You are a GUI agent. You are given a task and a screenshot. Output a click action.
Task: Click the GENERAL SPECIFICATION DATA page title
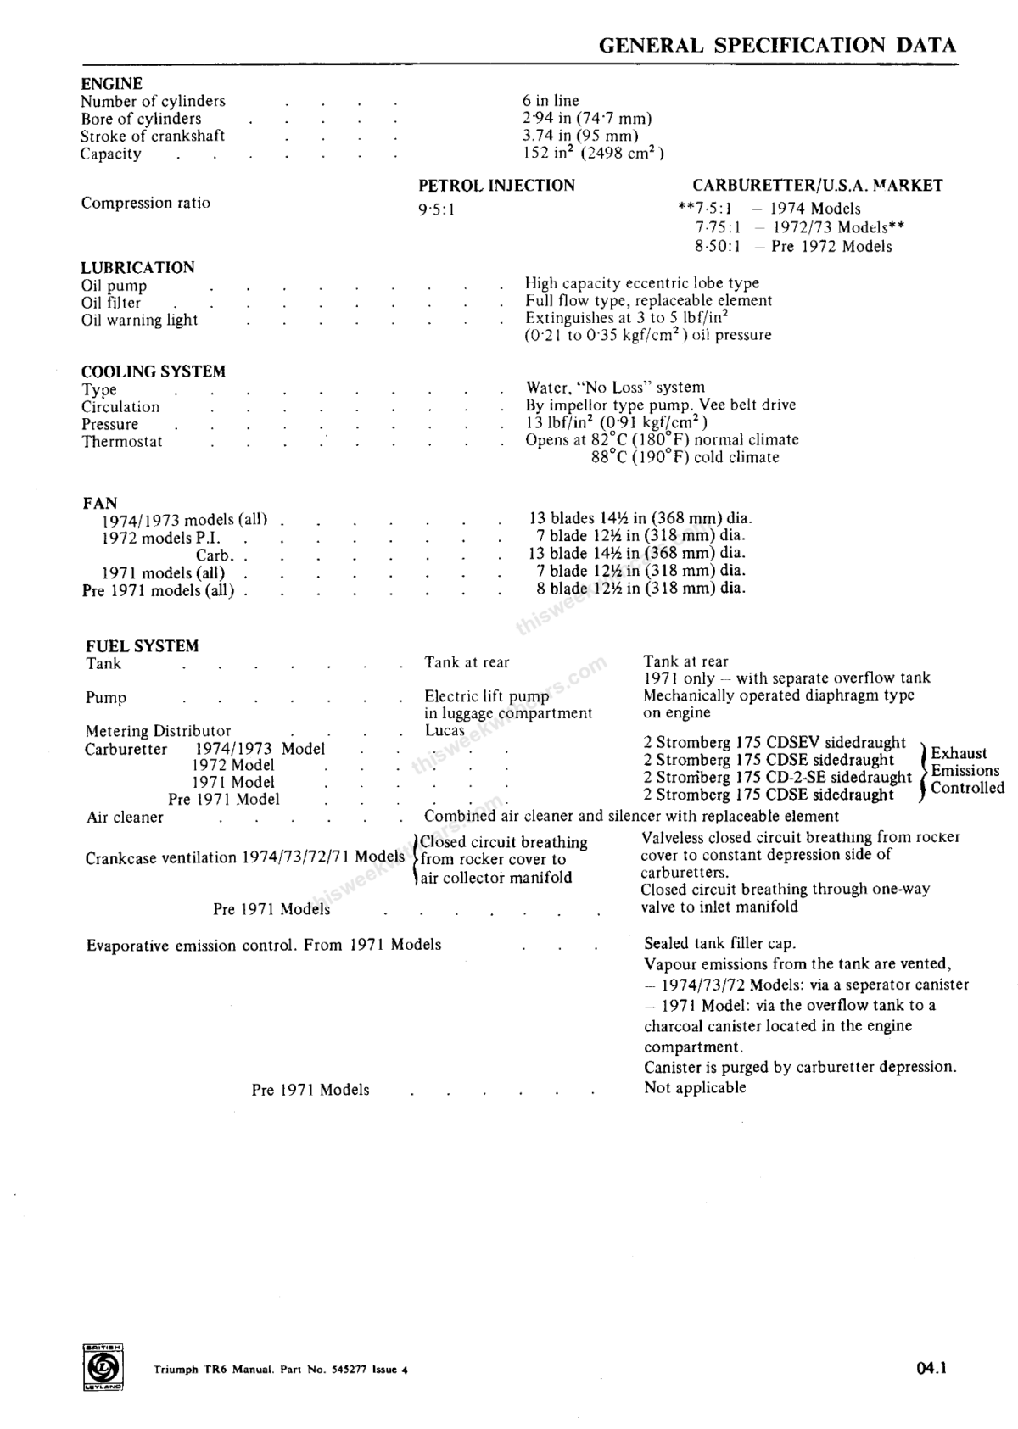[x=777, y=46]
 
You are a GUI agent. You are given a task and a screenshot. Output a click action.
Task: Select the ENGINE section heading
[x=111, y=83]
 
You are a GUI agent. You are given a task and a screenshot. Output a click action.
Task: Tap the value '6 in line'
[x=551, y=101]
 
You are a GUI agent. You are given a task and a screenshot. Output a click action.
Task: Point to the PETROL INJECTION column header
[x=496, y=186]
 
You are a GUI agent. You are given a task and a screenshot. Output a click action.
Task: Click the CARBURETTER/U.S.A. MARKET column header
[x=817, y=186]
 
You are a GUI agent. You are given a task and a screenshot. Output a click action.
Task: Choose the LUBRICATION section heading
[x=137, y=268]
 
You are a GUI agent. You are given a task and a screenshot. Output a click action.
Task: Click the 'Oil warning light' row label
[x=139, y=321]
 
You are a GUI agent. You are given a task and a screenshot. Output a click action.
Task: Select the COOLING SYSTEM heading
[x=153, y=371]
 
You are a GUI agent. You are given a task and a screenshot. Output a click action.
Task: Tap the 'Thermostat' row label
[x=121, y=442]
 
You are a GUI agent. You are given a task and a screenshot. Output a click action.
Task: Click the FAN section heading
[x=99, y=503]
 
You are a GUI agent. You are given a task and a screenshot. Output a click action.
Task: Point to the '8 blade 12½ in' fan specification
[x=640, y=589]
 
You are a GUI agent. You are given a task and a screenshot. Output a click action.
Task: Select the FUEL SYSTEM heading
[x=142, y=646]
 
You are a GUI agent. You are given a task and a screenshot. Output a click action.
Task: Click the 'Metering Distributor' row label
[x=158, y=731]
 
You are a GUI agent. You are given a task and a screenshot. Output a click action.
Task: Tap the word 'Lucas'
[x=445, y=730]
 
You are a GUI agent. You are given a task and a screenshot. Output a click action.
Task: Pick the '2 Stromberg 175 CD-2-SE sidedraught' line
[x=776, y=777]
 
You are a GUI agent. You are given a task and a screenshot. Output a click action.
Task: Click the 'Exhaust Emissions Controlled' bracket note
[x=965, y=770]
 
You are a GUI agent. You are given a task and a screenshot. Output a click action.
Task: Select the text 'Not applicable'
[x=695, y=1088]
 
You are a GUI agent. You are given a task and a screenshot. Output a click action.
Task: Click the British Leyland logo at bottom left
[x=103, y=1368]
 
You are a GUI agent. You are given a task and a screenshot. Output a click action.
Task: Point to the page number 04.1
[x=931, y=1367]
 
